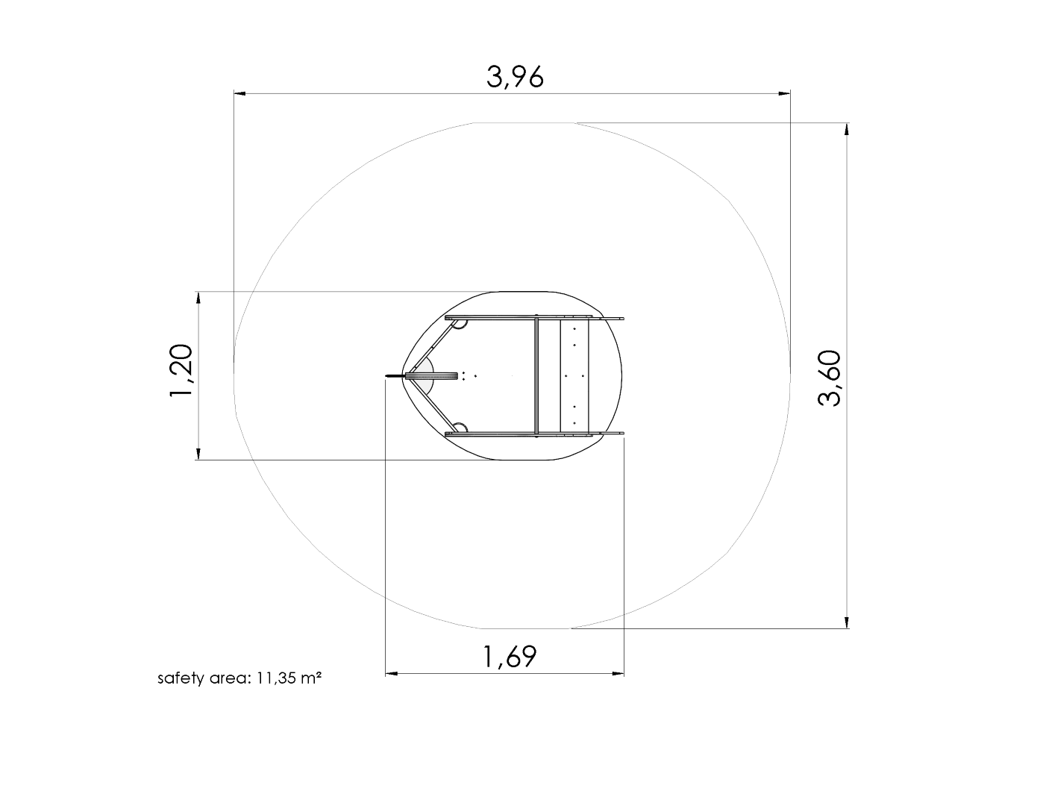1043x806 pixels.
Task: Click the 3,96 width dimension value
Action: [x=515, y=77]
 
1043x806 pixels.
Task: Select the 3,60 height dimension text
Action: [x=830, y=379]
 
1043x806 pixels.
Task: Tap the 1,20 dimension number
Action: [x=181, y=369]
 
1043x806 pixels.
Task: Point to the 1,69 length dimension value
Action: [x=510, y=657]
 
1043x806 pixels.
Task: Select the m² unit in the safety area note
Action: [x=310, y=678]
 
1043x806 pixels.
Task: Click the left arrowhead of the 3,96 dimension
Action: [x=240, y=93]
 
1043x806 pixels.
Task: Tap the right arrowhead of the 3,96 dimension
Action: [x=784, y=93]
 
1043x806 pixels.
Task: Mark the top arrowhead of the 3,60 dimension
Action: [x=847, y=129]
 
